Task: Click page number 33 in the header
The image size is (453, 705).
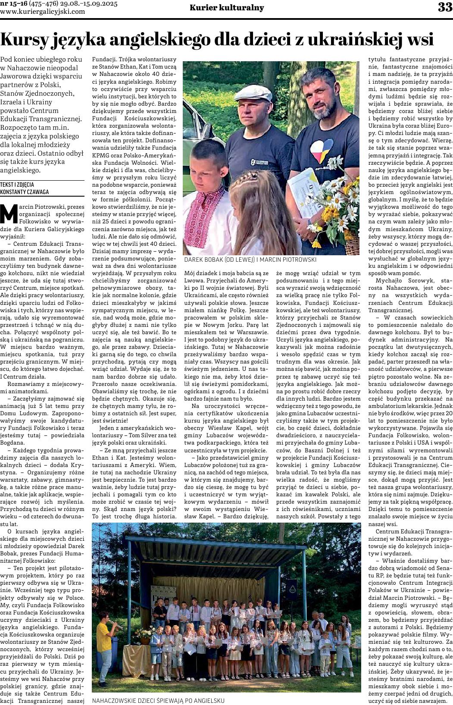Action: [444, 7]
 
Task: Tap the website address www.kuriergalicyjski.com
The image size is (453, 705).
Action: [43, 12]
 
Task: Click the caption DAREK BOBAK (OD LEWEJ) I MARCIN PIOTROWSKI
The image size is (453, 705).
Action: [250, 260]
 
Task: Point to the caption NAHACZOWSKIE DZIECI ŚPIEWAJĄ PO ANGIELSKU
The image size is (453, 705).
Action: [158, 701]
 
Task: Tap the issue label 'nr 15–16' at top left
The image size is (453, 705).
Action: [13, 4]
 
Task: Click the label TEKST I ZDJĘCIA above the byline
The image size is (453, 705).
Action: [17, 184]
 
